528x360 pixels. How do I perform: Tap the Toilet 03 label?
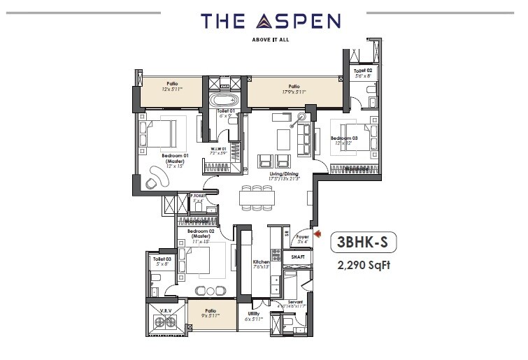click(x=162, y=259)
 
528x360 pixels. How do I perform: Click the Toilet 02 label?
click(x=362, y=71)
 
